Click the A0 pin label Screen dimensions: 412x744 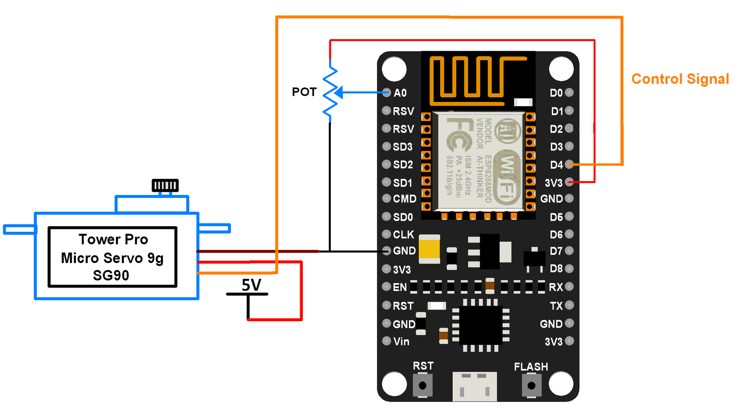400,93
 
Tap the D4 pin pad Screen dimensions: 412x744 569,164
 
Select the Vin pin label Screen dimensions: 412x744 401,342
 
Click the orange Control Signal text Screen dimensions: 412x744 680,79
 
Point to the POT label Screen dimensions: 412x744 304,92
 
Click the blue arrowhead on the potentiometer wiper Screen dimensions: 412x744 339,93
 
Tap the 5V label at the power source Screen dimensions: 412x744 251,285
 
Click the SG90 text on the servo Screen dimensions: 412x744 111,276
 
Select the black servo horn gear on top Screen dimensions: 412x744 165,185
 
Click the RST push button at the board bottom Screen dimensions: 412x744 422,385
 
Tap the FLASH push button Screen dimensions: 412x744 531,385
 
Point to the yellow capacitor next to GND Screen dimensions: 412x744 429,249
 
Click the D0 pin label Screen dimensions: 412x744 556,93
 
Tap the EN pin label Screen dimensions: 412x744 400,287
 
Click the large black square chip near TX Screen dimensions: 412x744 481,324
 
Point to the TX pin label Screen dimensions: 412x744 556,306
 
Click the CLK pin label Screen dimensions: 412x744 403,235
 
